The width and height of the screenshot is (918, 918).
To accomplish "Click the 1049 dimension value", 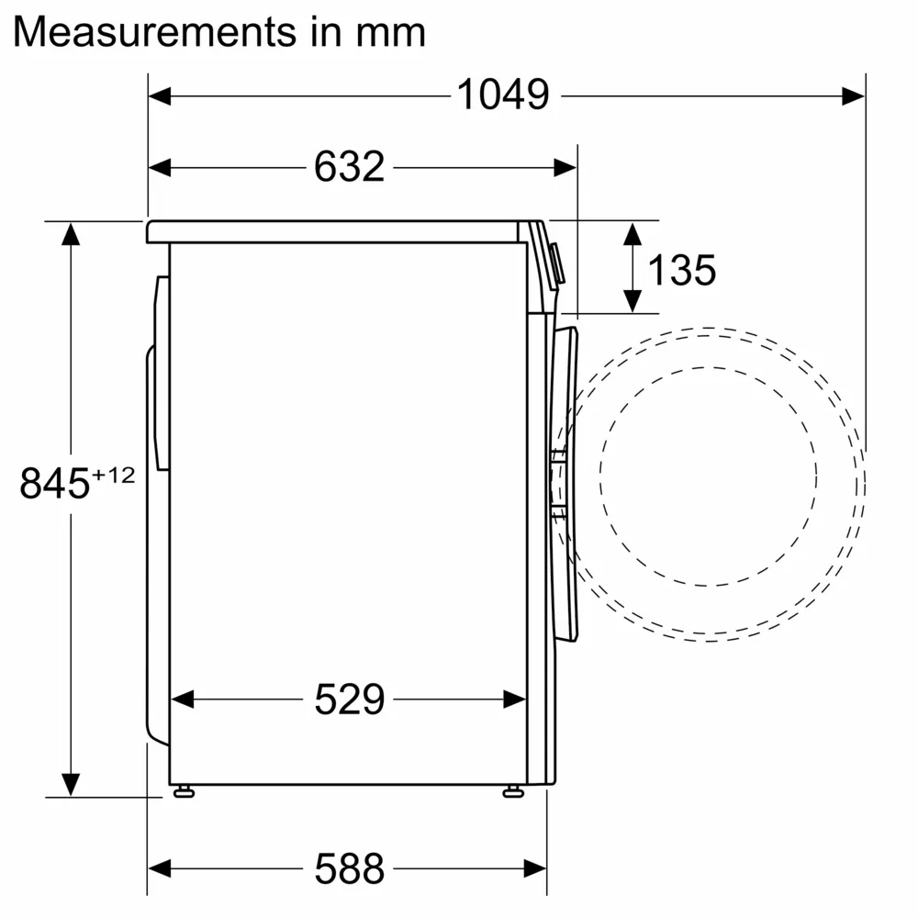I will click(x=503, y=95).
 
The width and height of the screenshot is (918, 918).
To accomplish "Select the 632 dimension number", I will click(x=349, y=167).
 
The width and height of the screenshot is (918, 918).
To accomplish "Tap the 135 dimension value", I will click(x=681, y=270).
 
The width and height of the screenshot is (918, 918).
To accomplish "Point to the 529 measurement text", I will click(x=349, y=700).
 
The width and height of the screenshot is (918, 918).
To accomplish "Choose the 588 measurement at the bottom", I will click(x=349, y=868).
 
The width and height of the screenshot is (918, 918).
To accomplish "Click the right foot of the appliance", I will click(x=512, y=790).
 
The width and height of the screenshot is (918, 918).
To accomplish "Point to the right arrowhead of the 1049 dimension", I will click(x=853, y=95).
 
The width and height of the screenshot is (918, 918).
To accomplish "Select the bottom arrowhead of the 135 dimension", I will click(x=632, y=300).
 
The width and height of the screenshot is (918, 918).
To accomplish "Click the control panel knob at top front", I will click(x=557, y=263).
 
